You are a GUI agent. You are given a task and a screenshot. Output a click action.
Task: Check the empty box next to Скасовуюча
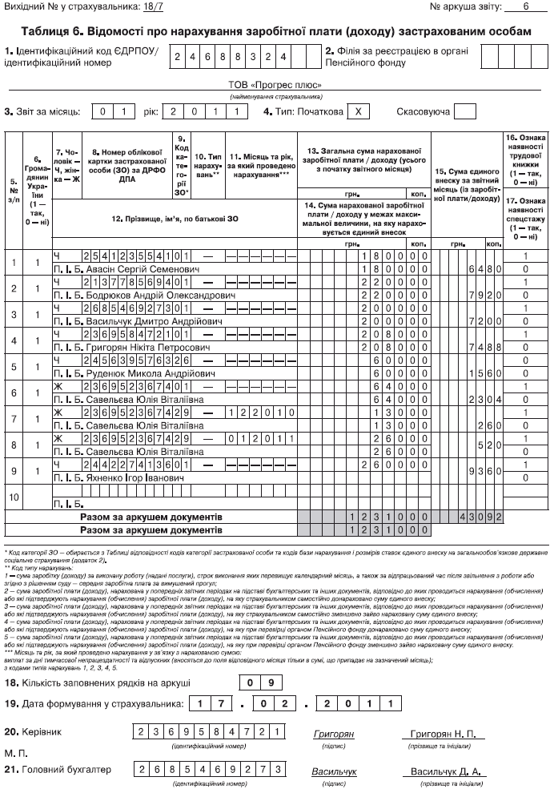click(465, 112)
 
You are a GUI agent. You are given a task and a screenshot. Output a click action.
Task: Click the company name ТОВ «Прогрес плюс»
click(275, 84)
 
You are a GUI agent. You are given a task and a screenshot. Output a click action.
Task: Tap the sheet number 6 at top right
click(526, 6)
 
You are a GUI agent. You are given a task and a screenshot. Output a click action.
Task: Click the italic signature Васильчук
click(334, 771)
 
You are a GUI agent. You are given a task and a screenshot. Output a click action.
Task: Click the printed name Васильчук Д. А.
click(444, 771)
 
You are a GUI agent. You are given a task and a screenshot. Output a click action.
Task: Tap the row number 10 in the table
click(13, 497)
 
